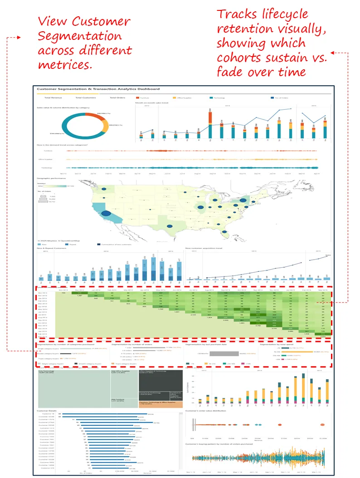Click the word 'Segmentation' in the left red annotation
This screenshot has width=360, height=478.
(80, 36)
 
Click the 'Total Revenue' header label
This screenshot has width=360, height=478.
(54, 98)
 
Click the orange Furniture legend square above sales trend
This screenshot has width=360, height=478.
(137, 97)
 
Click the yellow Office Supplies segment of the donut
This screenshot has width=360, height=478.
(105, 126)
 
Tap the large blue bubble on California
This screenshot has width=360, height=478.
(106, 213)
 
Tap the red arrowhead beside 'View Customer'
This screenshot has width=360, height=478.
(18, 38)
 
